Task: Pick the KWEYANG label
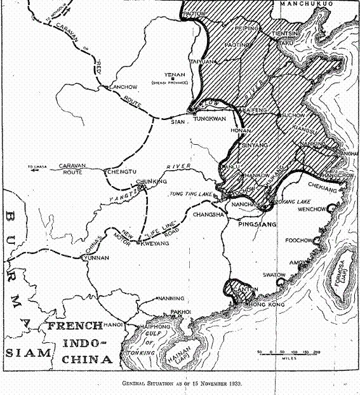point(154,243)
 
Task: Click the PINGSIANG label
point(254,224)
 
